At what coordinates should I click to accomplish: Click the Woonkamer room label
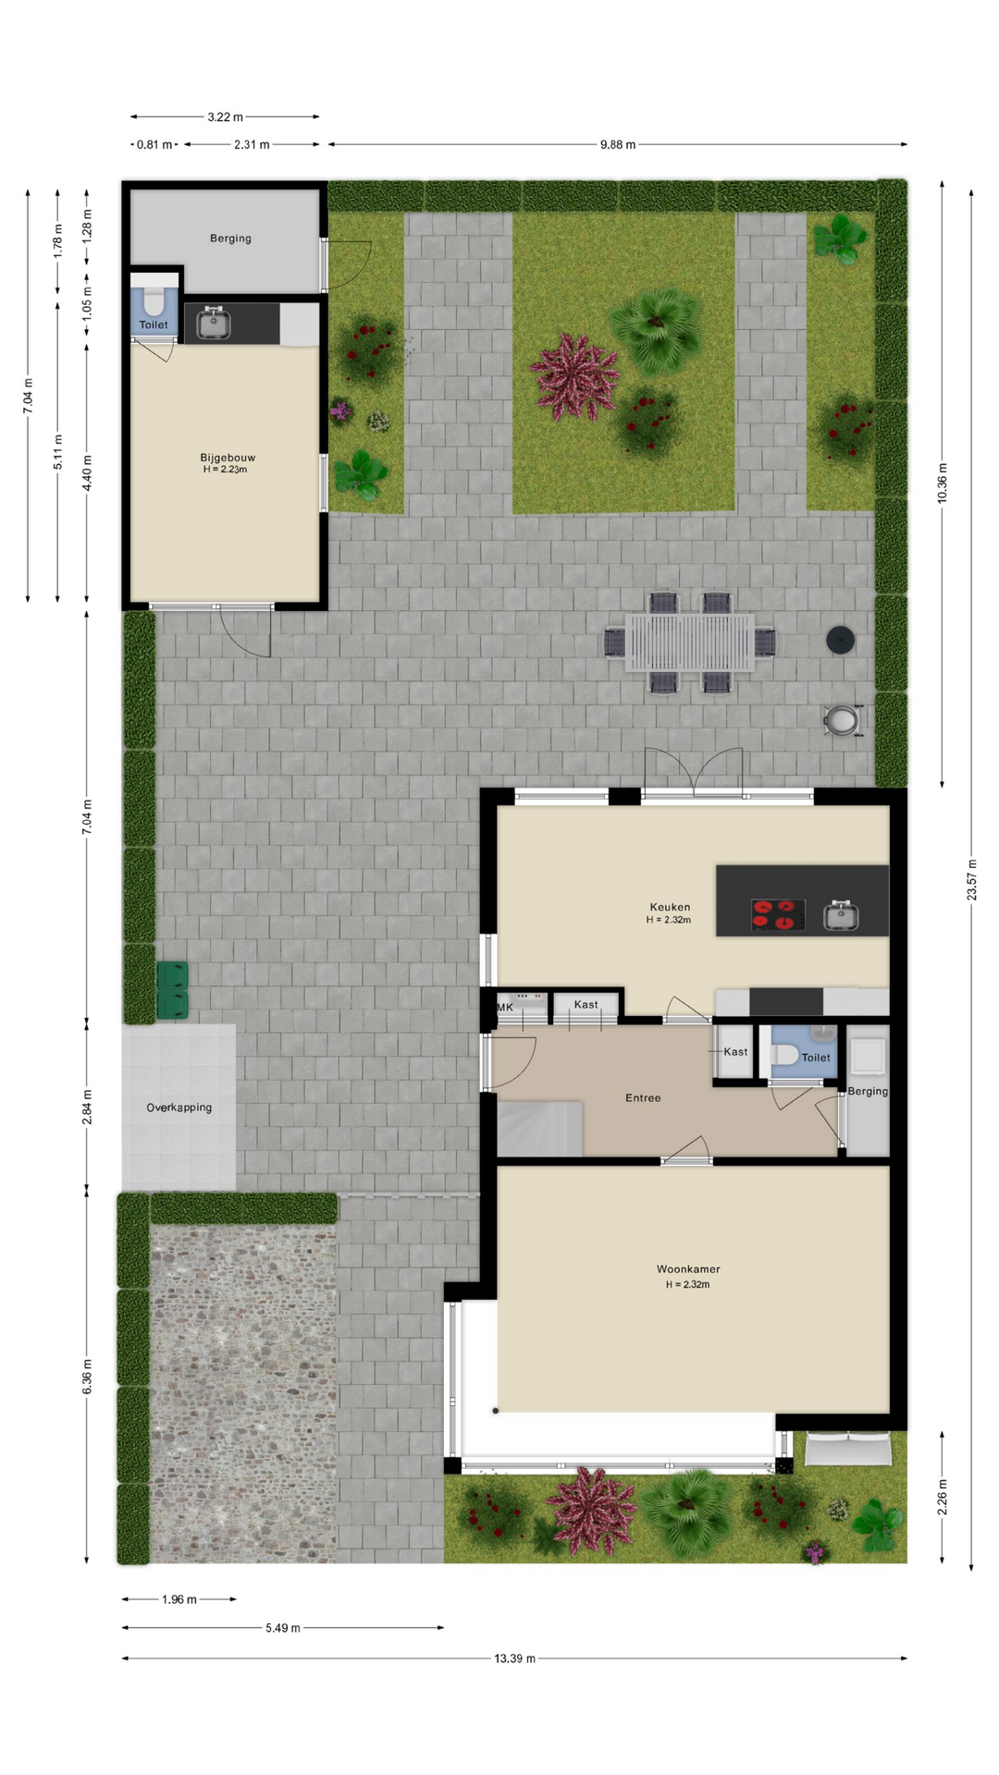[688, 1269]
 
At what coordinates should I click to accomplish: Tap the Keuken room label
[670, 907]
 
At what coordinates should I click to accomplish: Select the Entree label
[643, 1098]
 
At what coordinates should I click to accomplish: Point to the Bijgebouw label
[228, 458]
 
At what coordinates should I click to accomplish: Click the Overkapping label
[179, 1108]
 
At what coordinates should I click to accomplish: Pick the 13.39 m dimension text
[514, 1659]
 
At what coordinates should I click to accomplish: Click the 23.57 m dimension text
[971, 879]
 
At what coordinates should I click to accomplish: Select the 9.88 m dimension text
[618, 144]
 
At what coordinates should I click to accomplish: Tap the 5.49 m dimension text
[283, 1628]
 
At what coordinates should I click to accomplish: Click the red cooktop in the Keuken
[777, 914]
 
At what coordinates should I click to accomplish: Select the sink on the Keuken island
[841, 915]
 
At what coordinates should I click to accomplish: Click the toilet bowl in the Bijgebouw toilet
[154, 301]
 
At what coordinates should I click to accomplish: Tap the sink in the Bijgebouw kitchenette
[214, 323]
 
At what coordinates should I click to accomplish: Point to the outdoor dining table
[690, 643]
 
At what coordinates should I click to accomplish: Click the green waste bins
[172, 990]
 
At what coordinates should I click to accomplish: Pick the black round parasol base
[840, 641]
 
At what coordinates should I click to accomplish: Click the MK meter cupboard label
[505, 1008]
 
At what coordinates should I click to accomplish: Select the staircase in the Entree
[540, 1129]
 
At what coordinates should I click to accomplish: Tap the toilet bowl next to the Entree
[784, 1055]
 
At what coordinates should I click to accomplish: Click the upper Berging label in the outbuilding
[230, 239]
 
